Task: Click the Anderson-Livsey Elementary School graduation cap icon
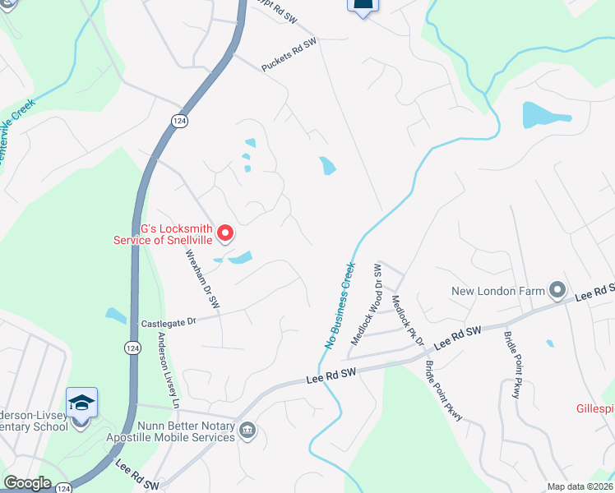(x=82, y=403)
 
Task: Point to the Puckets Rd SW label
(x=289, y=54)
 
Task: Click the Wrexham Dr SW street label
(x=202, y=279)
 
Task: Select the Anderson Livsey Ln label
(x=169, y=371)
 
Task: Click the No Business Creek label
(x=340, y=306)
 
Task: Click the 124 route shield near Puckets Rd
(x=178, y=121)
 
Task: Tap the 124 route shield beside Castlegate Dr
(x=132, y=348)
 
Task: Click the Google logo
(x=27, y=483)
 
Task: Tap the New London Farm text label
(x=499, y=291)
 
